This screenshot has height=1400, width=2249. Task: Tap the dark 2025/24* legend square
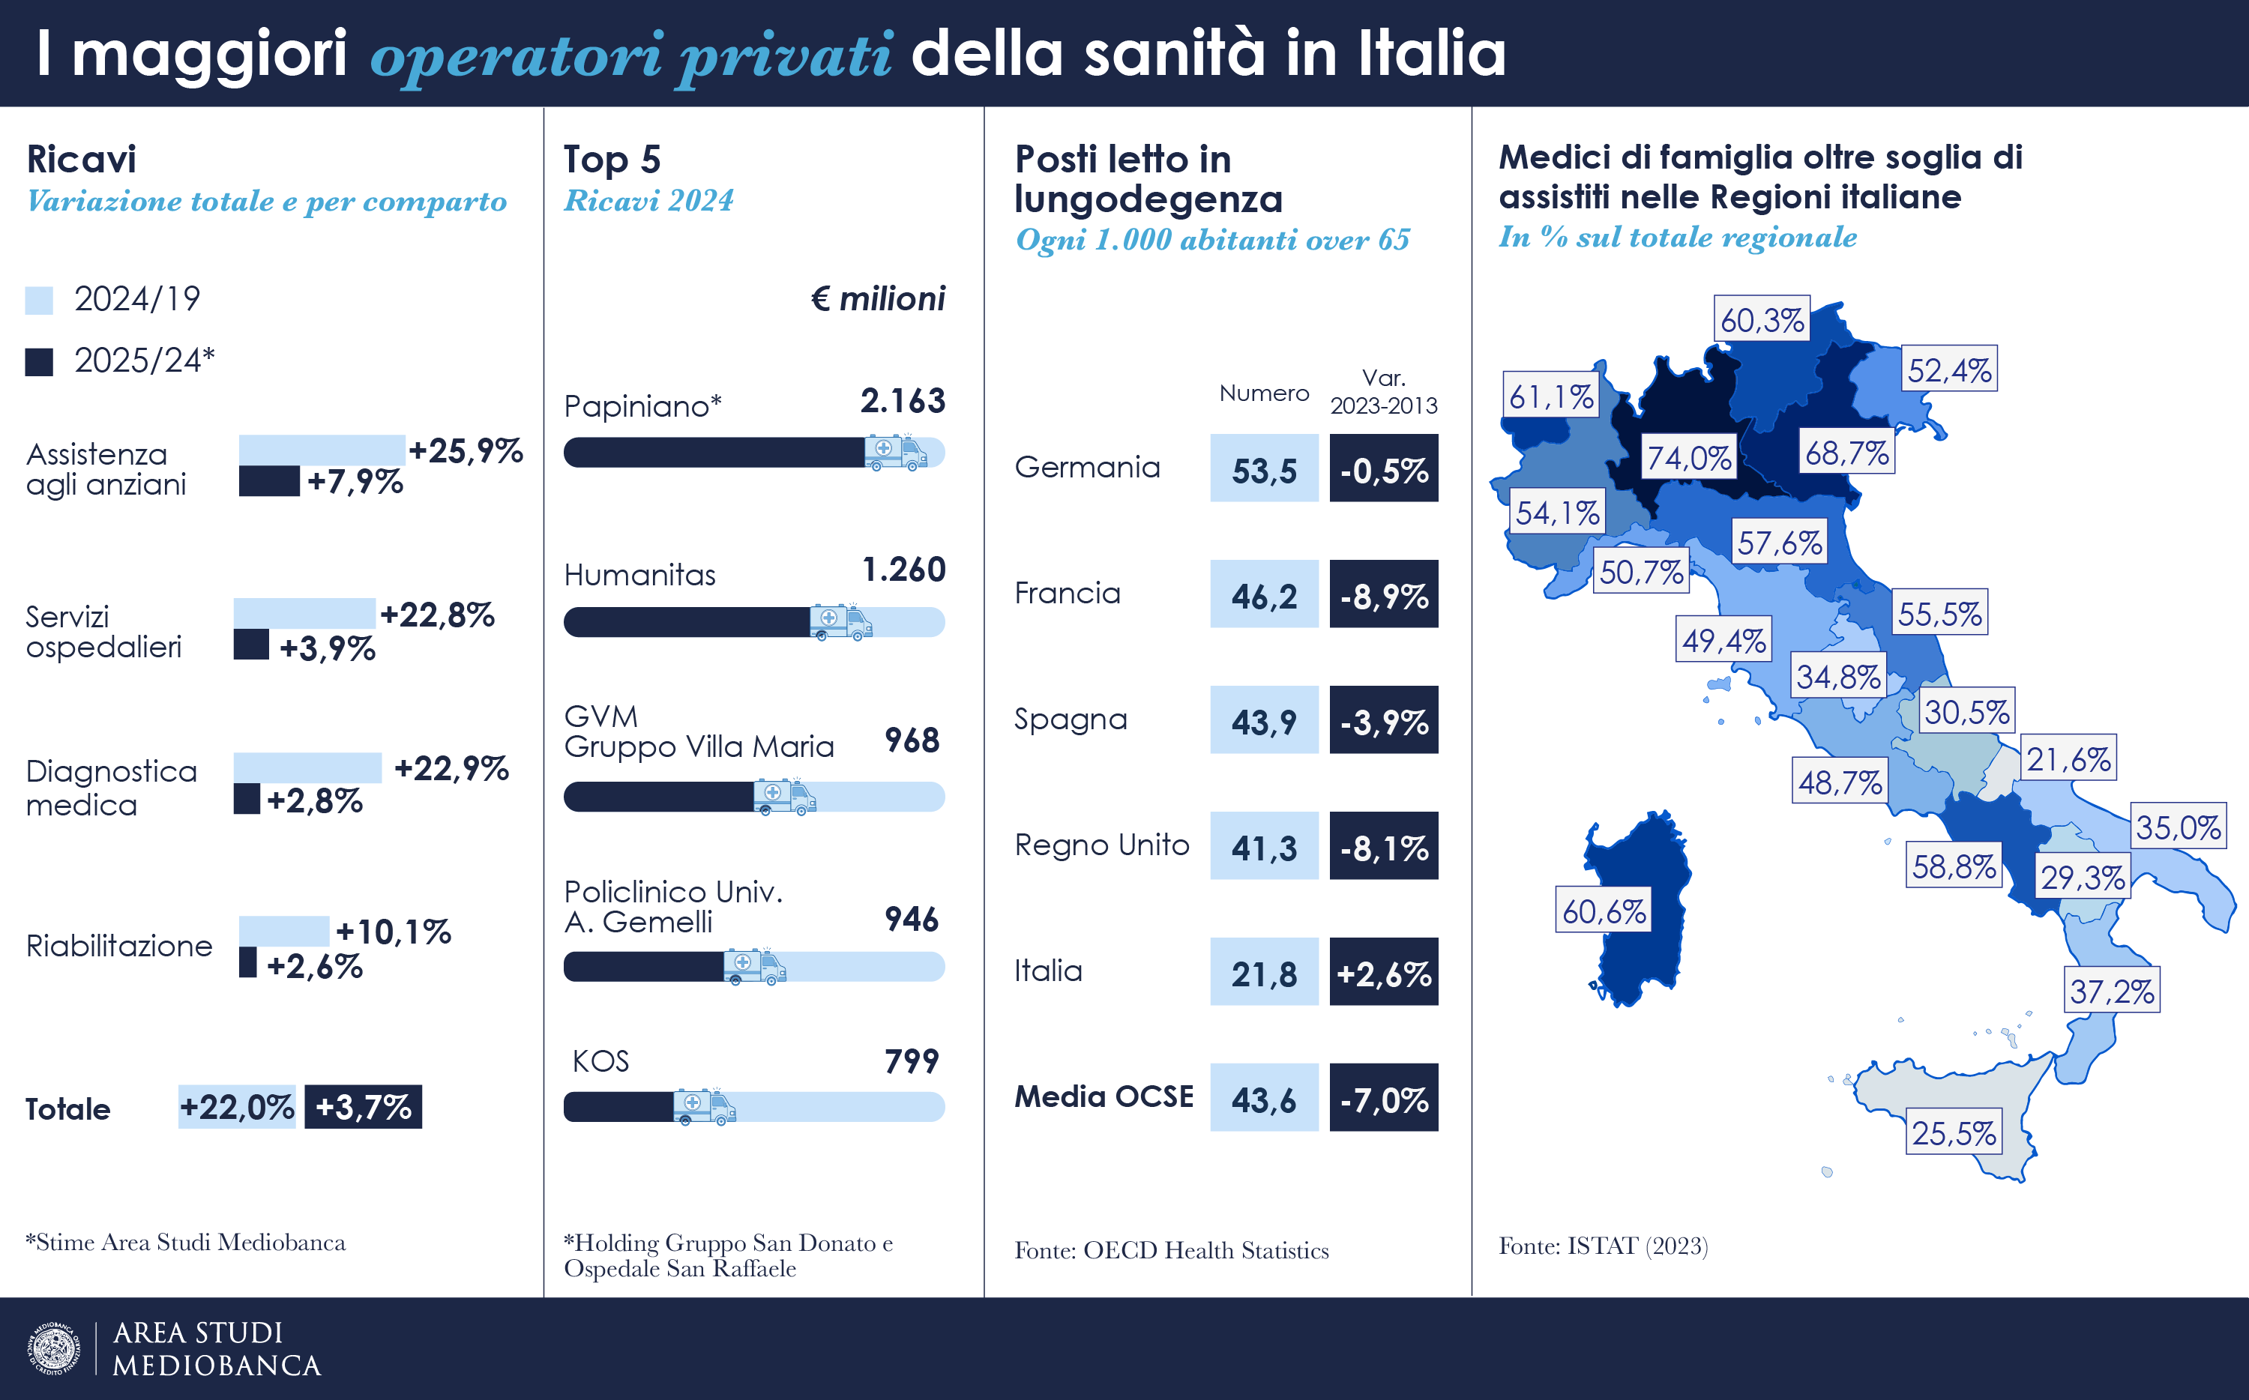pyautogui.click(x=39, y=362)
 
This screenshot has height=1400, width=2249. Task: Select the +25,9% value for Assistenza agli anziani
pyautogui.click(x=466, y=451)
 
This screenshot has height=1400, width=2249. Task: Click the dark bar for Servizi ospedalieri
pyautogui.click(x=251, y=645)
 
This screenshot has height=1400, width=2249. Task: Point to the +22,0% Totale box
pyautogui.click(x=237, y=1106)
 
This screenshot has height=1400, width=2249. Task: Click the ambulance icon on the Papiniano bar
pyautogui.click(x=895, y=452)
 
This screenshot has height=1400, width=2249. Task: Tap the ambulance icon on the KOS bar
pyautogui.click(x=704, y=1106)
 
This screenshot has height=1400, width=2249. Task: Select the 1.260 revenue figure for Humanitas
pyautogui.click(x=903, y=570)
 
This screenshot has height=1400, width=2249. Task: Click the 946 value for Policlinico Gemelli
pyautogui.click(x=912, y=920)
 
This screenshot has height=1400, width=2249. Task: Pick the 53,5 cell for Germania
pyautogui.click(x=1264, y=468)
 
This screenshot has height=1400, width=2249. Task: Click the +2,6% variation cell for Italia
pyautogui.click(x=1383, y=972)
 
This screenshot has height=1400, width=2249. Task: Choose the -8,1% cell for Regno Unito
pyautogui.click(x=1383, y=846)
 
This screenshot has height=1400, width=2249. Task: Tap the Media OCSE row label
pyautogui.click(x=1104, y=1097)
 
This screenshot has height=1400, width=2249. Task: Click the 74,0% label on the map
pyautogui.click(x=1689, y=457)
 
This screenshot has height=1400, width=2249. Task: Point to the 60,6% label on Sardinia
pyautogui.click(x=1604, y=911)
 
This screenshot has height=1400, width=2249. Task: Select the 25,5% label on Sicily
pyautogui.click(x=1954, y=1132)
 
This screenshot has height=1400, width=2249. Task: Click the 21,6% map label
pyautogui.click(x=2068, y=759)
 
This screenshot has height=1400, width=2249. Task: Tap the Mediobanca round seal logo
pyautogui.click(x=55, y=1348)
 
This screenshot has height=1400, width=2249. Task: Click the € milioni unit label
pyautogui.click(x=879, y=299)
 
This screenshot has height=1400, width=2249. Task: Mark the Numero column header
pyautogui.click(x=1264, y=393)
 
